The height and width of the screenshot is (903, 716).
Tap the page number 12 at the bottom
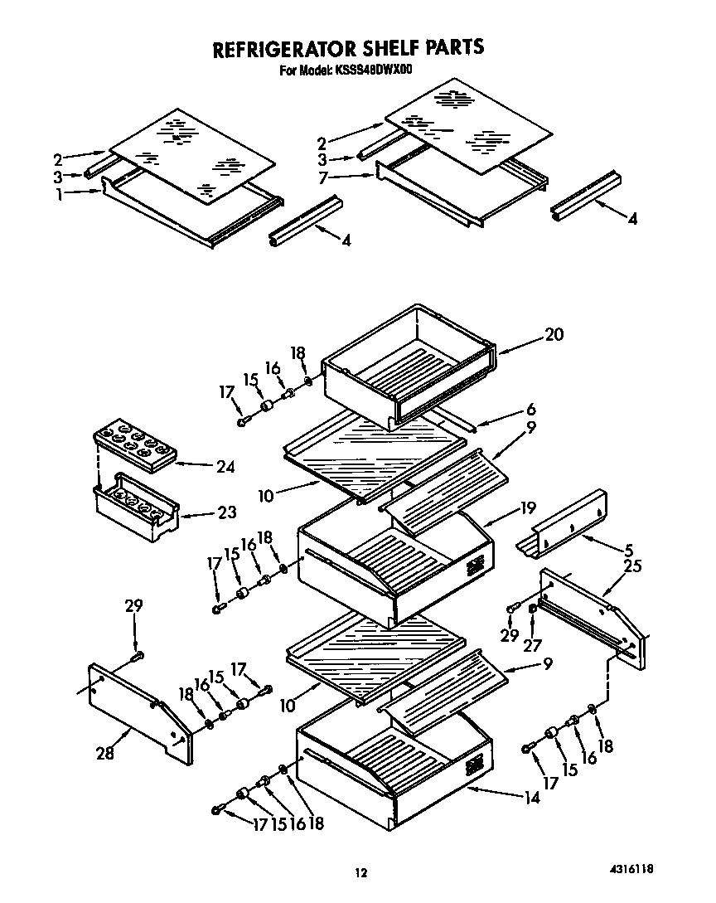coord(360,871)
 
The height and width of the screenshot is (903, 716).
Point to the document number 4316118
coord(631,869)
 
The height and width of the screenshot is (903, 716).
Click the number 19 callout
coord(528,508)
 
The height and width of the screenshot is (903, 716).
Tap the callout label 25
coord(632,566)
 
